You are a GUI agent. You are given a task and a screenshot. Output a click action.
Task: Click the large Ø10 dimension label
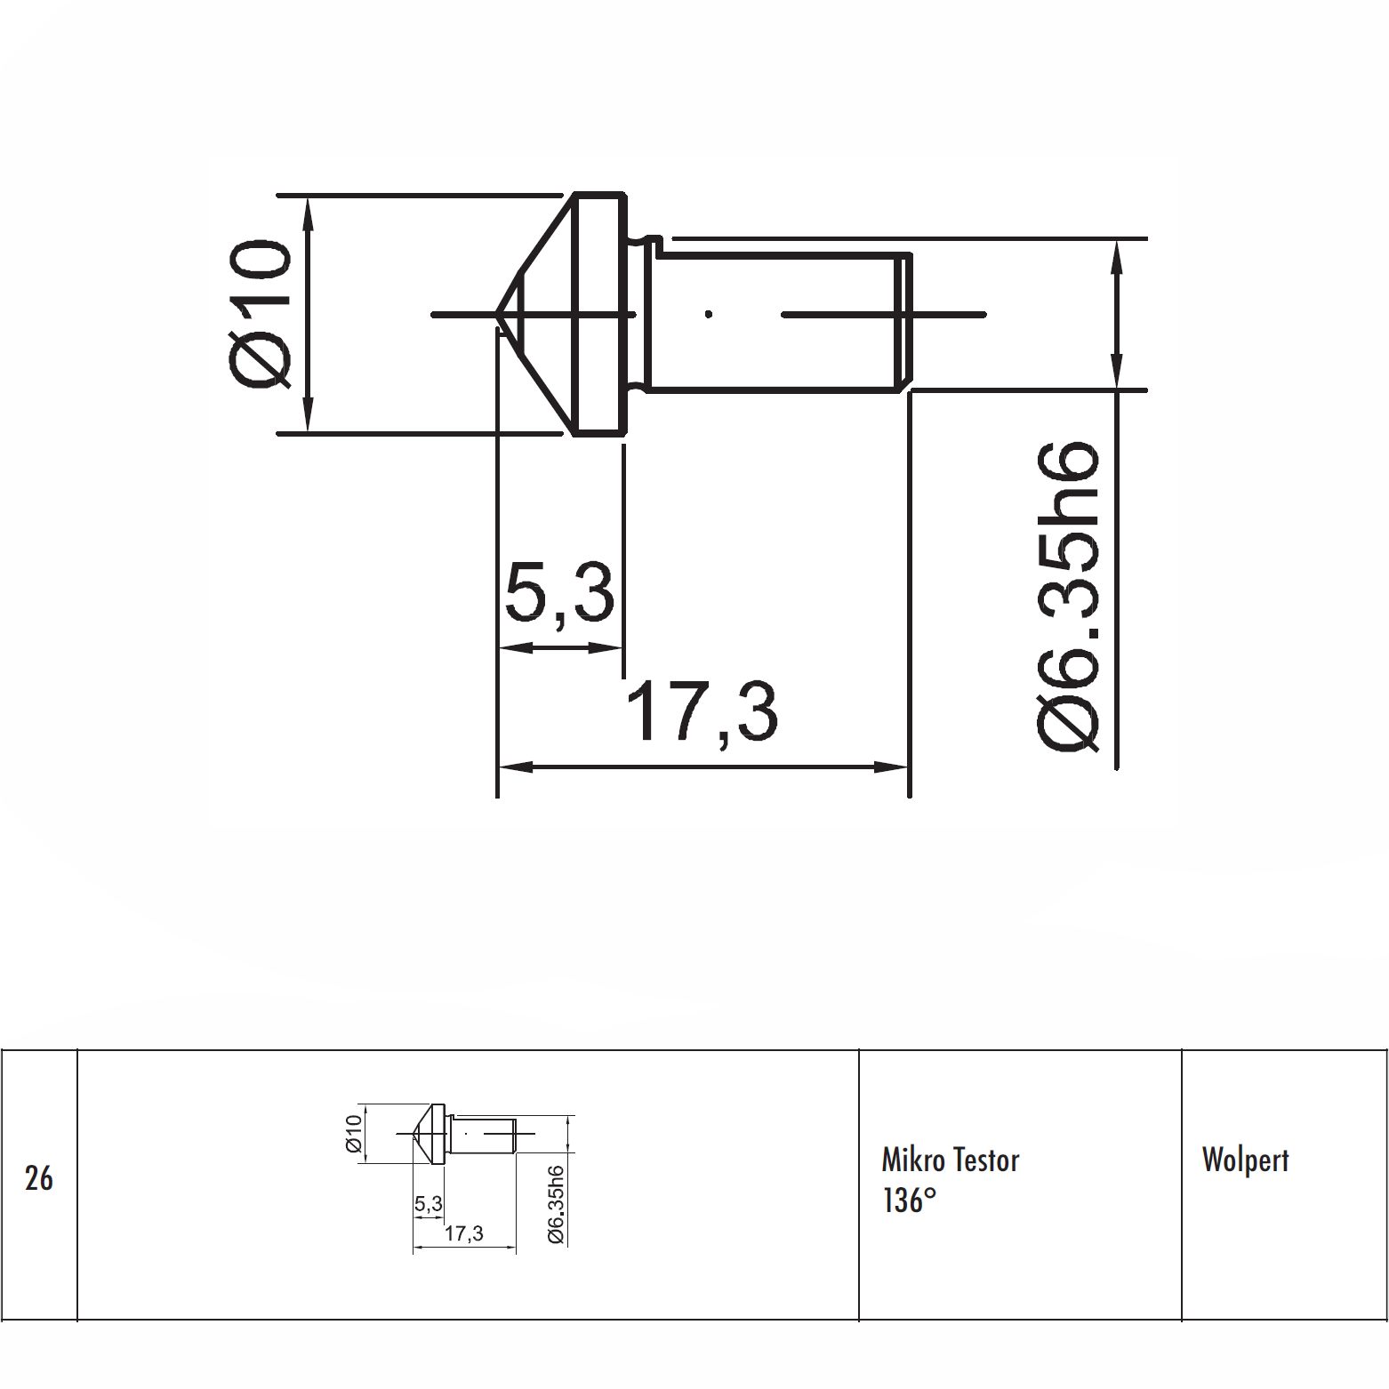(261, 313)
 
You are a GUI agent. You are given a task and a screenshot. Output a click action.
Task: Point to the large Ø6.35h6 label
(1068, 597)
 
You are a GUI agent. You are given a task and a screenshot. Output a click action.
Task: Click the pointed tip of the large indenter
(495, 314)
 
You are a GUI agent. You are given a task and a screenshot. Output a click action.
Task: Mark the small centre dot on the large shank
(708, 313)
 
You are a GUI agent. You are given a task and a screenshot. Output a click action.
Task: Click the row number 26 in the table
(38, 1179)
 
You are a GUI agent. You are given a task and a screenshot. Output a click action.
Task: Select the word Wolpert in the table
(1245, 1160)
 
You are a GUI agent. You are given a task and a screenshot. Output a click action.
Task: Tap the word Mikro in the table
(913, 1160)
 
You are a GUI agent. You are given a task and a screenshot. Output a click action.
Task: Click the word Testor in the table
(986, 1160)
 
